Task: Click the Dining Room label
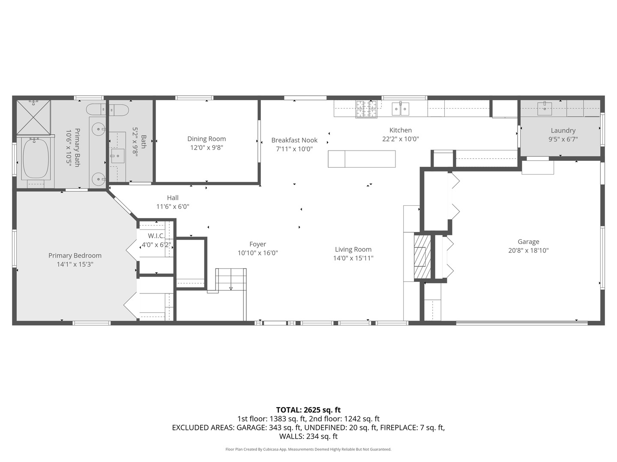pyautogui.click(x=207, y=139)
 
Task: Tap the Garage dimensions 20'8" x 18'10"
pyautogui.click(x=528, y=251)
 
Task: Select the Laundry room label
pyautogui.click(x=563, y=130)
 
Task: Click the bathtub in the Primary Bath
pyautogui.click(x=36, y=158)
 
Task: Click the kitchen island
pyautogui.click(x=362, y=159)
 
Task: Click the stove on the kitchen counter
pyautogui.click(x=366, y=109)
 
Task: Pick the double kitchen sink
pyautogui.click(x=400, y=109)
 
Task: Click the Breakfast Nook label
pyautogui.click(x=294, y=140)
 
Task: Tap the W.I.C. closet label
pyautogui.click(x=156, y=236)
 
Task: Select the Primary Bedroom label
pyautogui.click(x=75, y=255)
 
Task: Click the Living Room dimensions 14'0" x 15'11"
pyautogui.click(x=353, y=258)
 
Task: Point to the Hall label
pyautogui.click(x=173, y=198)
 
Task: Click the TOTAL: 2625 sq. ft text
pyautogui.click(x=308, y=410)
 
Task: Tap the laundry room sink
pyautogui.click(x=545, y=109)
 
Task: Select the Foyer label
pyautogui.click(x=258, y=244)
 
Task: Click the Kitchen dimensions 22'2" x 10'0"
pyautogui.click(x=400, y=139)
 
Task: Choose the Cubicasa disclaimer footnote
pyautogui.click(x=308, y=449)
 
